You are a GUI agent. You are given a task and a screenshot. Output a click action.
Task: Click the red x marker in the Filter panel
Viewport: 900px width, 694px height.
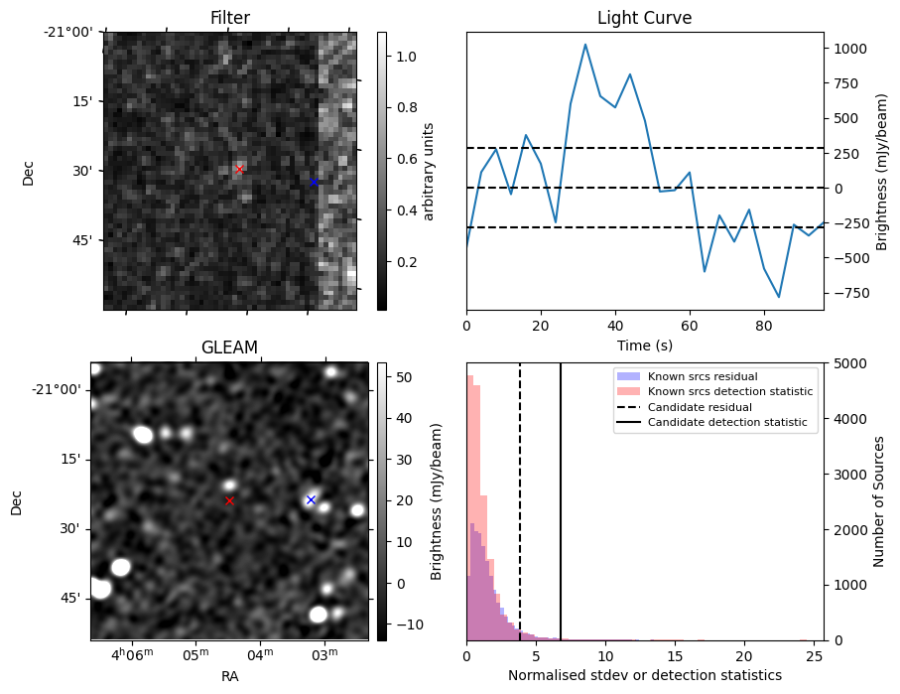tap(239, 170)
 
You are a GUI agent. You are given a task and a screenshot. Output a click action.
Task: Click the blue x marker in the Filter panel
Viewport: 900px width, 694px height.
tap(314, 182)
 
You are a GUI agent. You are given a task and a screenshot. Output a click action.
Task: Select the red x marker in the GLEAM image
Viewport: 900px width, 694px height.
tap(229, 501)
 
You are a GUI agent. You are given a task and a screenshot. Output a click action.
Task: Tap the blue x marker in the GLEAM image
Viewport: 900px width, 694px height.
tap(311, 499)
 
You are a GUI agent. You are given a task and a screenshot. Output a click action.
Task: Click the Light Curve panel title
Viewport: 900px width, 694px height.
tap(644, 18)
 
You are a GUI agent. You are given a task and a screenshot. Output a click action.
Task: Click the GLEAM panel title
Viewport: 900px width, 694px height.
tap(229, 347)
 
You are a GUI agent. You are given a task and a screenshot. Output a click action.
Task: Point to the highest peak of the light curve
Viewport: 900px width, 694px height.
tap(585, 45)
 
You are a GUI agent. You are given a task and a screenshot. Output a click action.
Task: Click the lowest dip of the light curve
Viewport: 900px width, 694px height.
tap(779, 297)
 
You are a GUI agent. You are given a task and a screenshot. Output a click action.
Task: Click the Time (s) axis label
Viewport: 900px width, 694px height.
tap(644, 344)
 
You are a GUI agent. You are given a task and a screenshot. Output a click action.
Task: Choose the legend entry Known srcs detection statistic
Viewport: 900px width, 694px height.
tap(729, 392)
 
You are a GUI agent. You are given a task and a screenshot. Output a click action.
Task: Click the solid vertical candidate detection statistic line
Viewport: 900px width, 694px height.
tap(561, 516)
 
